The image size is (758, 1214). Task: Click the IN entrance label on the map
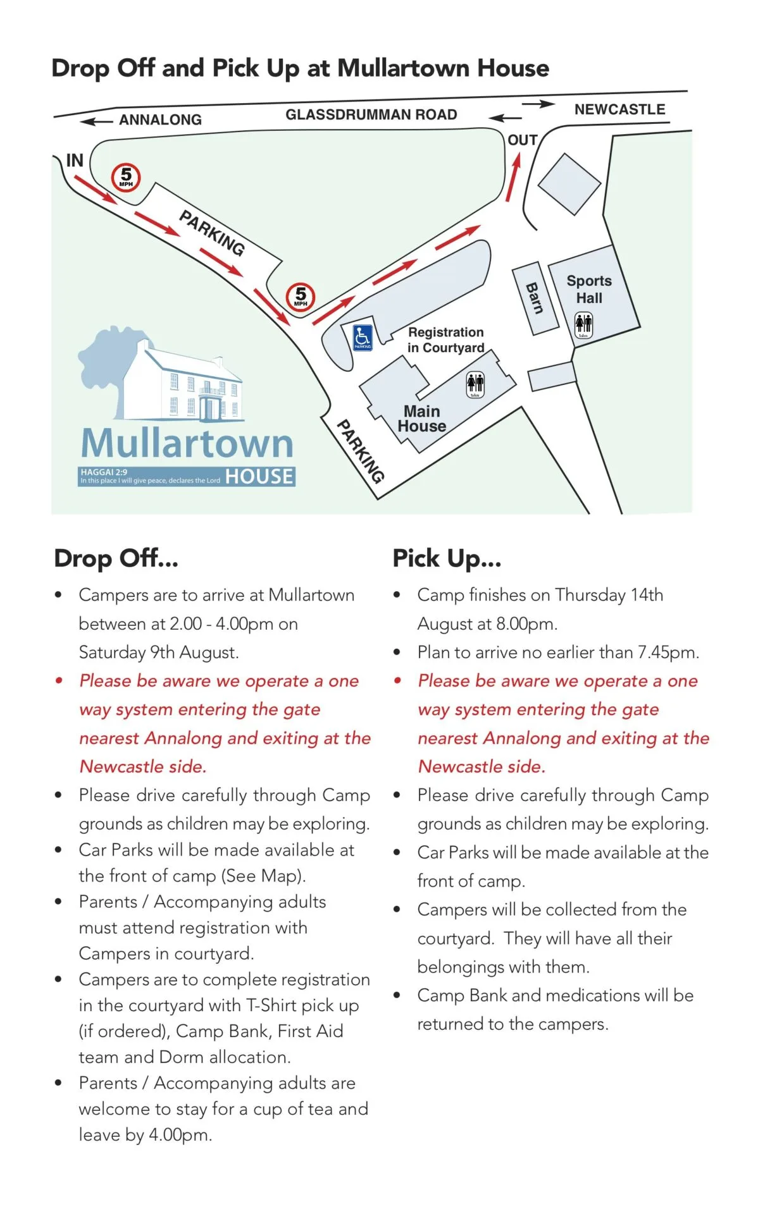pos(75,161)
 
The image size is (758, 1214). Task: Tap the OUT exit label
pos(523,140)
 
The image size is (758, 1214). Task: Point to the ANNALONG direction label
pos(160,120)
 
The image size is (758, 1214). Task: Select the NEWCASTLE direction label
pos(619,109)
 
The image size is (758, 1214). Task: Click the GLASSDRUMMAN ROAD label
pos(371,114)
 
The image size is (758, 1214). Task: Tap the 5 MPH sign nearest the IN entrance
pos(126,177)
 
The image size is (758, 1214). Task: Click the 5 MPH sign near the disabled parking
pos(301,296)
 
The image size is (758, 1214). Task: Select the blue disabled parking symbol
pos(363,337)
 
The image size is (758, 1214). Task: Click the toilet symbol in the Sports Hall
pos(583,325)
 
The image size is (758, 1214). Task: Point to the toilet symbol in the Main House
pos(475,384)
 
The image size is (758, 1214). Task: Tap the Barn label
pos(535,298)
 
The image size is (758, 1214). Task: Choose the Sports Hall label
pos(589,289)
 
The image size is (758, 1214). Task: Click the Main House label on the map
pos(422,419)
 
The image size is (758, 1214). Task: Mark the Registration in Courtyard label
pos(445,340)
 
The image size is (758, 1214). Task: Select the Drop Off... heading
pos(116,558)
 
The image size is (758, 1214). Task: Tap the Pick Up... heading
pos(447,558)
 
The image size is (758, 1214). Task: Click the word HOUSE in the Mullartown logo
pos(259,476)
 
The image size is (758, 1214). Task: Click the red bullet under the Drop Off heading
pos(59,681)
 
